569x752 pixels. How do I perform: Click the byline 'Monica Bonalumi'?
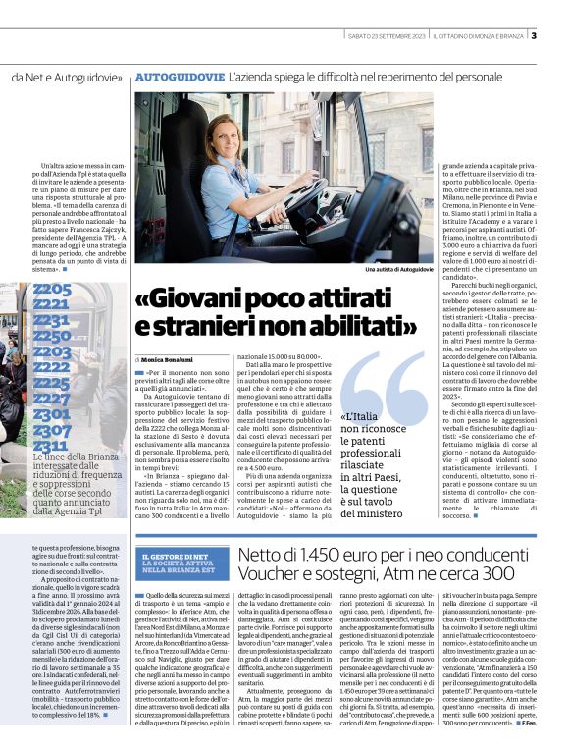pos(176,361)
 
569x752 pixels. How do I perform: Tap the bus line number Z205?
pos(51,289)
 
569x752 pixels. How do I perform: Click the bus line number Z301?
pos(51,413)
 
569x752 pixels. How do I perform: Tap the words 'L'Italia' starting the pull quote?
pos(361,416)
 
